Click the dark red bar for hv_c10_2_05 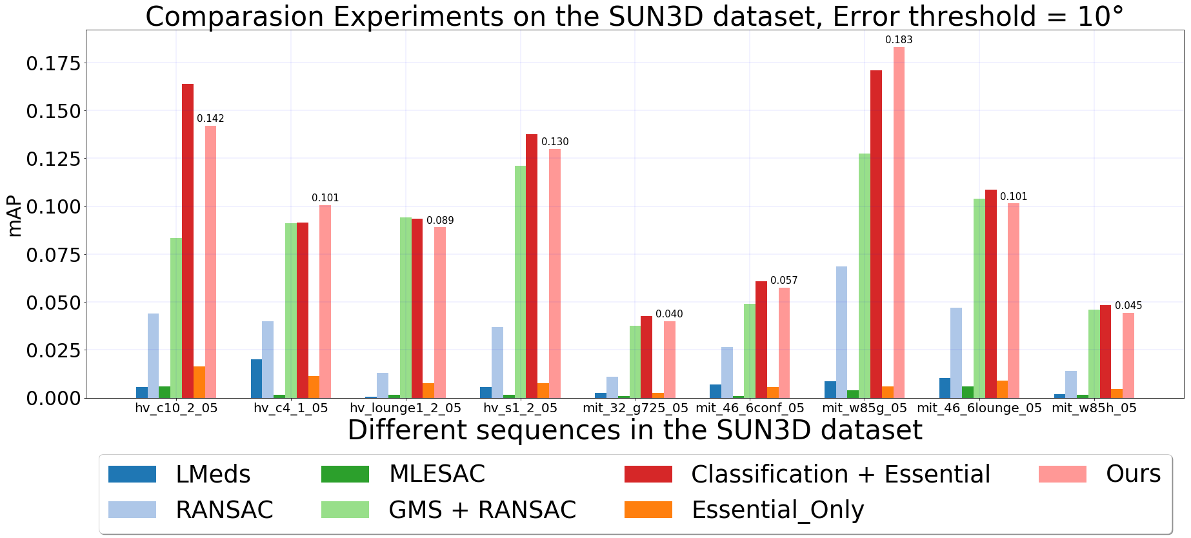(x=188, y=241)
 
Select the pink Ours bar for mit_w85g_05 (x=899, y=223)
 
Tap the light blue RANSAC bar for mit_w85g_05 (x=841, y=332)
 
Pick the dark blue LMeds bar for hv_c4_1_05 (x=256, y=379)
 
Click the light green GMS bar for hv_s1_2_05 (x=520, y=282)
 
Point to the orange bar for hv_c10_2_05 (x=199, y=382)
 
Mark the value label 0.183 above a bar (x=899, y=40)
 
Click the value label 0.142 (x=210, y=119)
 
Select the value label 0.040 (x=669, y=314)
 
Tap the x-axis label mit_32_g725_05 (x=636, y=408)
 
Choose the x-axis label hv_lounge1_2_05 (x=405, y=408)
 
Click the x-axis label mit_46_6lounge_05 (x=979, y=408)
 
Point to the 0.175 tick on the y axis (x=54, y=63)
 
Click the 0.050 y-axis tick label (x=54, y=303)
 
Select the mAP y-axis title (x=14, y=217)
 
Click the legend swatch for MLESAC (x=345, y=474)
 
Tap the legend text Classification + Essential (x=841, y=474)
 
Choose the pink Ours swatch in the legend (x=1063, y=474)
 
